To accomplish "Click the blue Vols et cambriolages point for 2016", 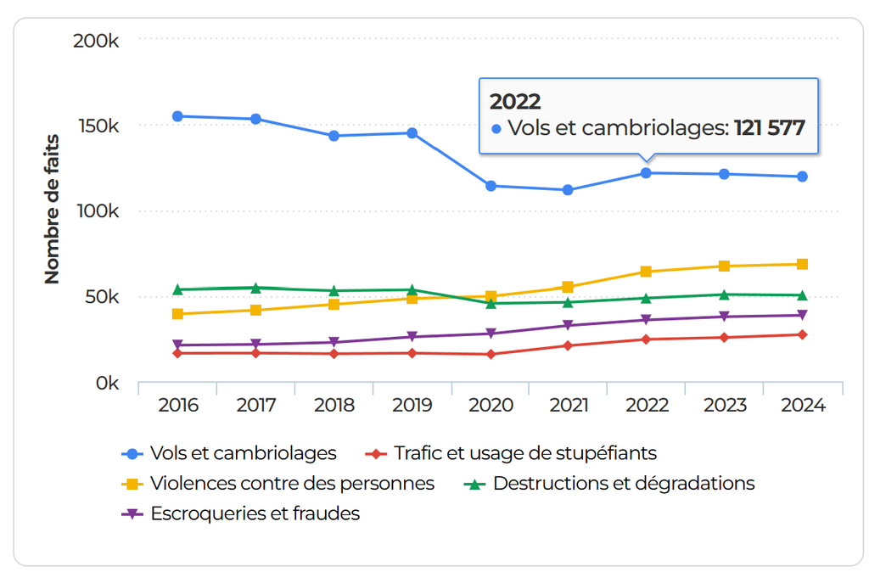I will tap(178, 116).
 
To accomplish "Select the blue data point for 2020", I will tap(491, 186).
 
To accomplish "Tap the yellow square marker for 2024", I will tap(802, 264).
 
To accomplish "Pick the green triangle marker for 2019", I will tap(412, 290).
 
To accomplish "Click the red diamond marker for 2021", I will tap(569, 345).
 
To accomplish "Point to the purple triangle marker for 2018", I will tap(334, 343).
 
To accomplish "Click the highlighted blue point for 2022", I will tap(647, 173).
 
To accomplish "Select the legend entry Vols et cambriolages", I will tap(243, 453).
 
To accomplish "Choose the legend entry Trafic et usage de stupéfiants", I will tap(524, 453).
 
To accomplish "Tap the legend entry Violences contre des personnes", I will tap(292, 484).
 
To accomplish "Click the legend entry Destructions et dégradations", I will tap(623, 484).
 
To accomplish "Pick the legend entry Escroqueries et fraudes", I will tap(255, 513).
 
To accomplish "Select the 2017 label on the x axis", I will tap(256, 406).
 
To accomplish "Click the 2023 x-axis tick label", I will tap(725, 406).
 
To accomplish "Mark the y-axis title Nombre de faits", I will tap(52, 209).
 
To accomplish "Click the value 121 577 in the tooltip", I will tap(769, 128).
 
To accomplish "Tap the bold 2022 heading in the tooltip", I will tap(515, 102).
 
